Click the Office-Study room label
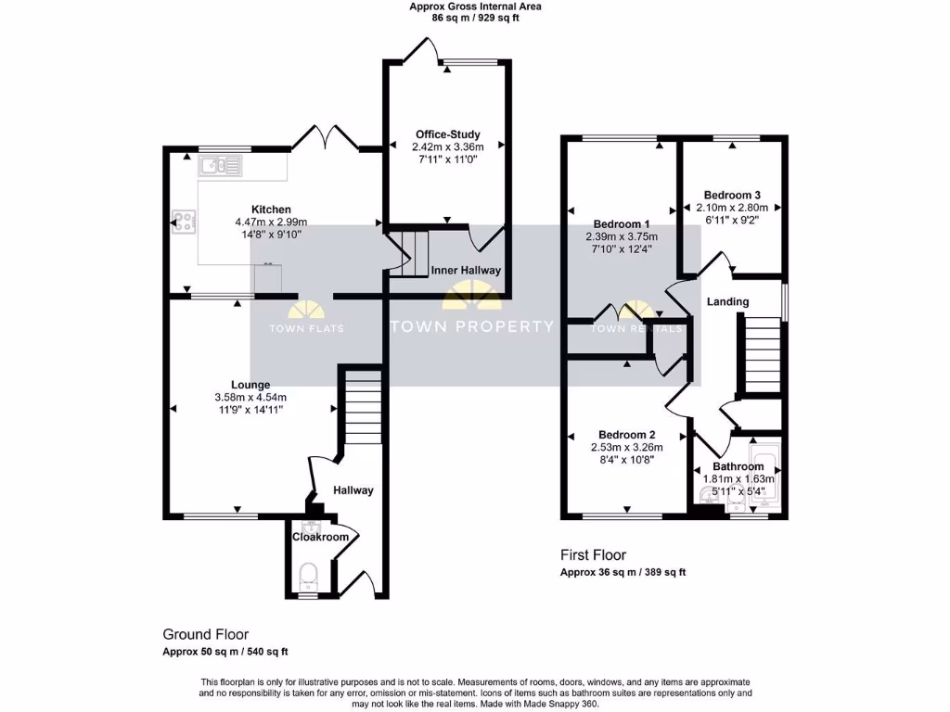[447, 134]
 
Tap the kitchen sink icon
[219, 167]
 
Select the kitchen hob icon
[182, 222]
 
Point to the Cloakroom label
[321, 537]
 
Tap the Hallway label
[353, 490]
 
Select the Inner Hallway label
[466, 271]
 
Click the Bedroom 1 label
[622, 224]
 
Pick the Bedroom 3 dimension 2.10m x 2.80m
[732, 208]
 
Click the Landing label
[727, 302]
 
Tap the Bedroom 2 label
[627, 435]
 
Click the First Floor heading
[593, 554]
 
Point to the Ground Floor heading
[205, 635]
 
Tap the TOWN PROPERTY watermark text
[472, 326]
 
